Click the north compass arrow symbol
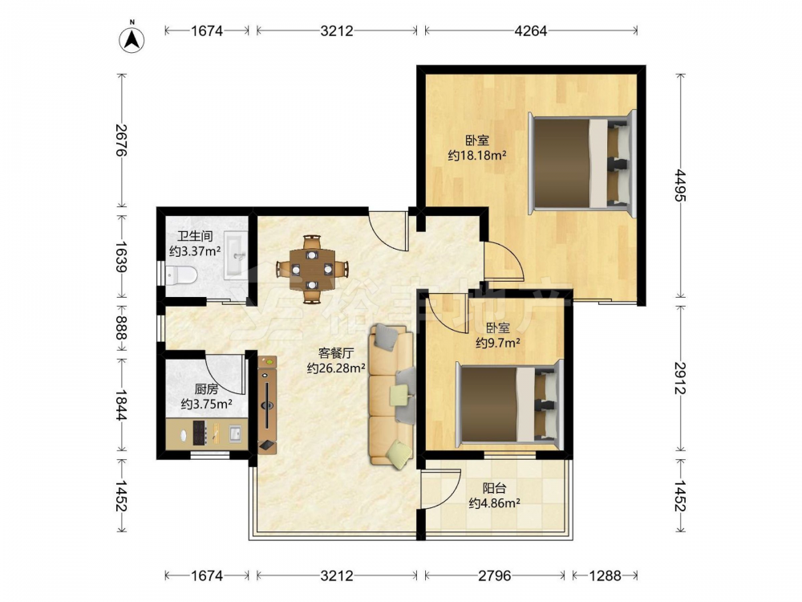click(x=132, y=39)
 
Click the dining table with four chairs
click(x=312, y=269)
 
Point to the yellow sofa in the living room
click(x=391, y=395)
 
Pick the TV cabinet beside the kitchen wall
click(x=268, y=405)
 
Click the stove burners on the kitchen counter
click(x=200, y=433)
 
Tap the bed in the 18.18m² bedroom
click(x=582, y=163)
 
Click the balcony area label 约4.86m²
click(x=495, y=503)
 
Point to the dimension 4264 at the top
click(x=530, y=31)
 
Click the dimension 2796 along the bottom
click(x=494, y=576)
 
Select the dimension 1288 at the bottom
click(x=605, y=576)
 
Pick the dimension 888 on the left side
click(x=121, y=327)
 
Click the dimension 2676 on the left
click(x=121, y=140)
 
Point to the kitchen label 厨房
click(x=206, y=389)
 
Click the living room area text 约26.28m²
click(x=336, y=368)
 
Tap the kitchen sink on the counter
click(x=235, y=434)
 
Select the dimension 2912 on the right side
click(x=680, y=378)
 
